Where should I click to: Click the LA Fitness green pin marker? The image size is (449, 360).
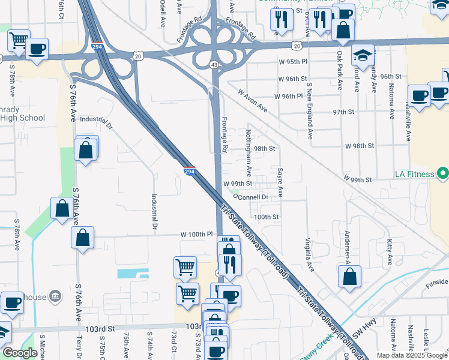443,175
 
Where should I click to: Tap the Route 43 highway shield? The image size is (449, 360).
214,64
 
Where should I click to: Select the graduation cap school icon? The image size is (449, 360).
363,56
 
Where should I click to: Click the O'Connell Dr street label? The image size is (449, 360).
258,196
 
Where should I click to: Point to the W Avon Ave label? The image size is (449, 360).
252,101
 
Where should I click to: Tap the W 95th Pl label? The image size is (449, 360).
292,62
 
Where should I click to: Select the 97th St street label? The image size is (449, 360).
345,112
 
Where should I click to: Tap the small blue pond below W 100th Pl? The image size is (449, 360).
133,274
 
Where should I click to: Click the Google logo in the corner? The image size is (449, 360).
20,353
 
